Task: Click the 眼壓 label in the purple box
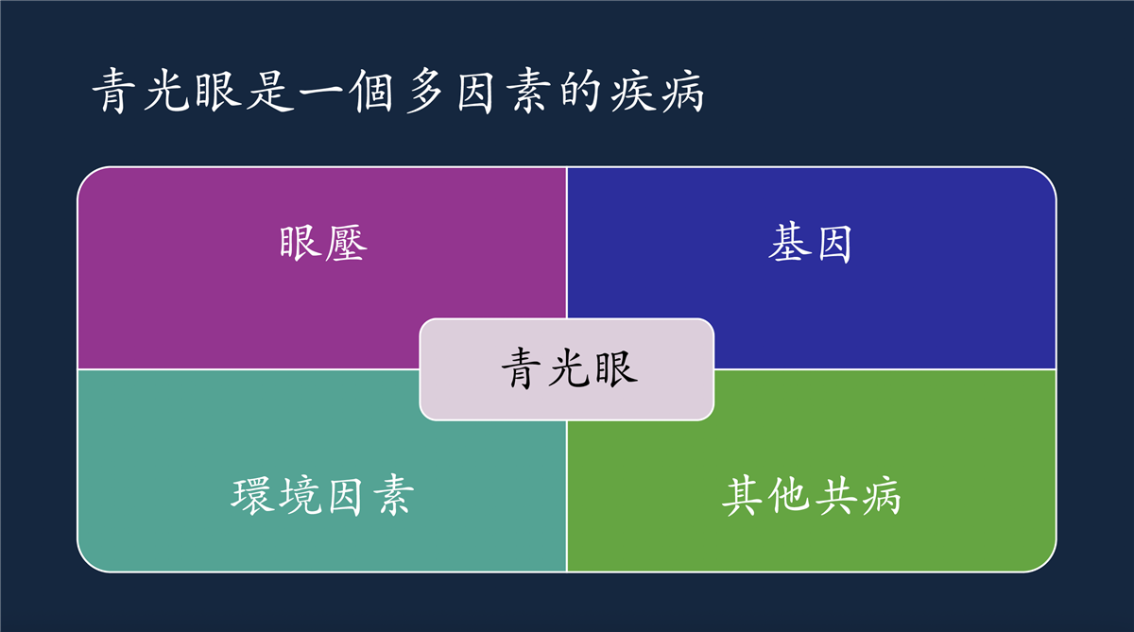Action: pos(323,244)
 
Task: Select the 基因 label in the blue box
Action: pos(810,244)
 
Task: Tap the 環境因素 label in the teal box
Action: pos(322,496)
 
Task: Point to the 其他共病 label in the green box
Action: pos(812,496)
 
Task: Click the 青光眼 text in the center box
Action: pos(570,368)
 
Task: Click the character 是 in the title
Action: pos(271,91)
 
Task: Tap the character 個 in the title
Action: pos(373,91)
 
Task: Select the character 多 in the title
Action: pos(425,91)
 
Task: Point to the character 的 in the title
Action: pos(579,91)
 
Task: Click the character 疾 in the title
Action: pos(631,91)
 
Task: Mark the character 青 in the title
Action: pos(114,91)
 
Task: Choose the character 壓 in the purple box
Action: pos(346,244)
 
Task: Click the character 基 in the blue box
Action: pos(788,244)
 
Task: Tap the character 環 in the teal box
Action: pos(252,496)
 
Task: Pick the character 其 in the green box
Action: pos(743,496)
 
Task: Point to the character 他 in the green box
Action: pos(788,496)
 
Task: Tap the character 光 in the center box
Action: pos(570,368)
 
